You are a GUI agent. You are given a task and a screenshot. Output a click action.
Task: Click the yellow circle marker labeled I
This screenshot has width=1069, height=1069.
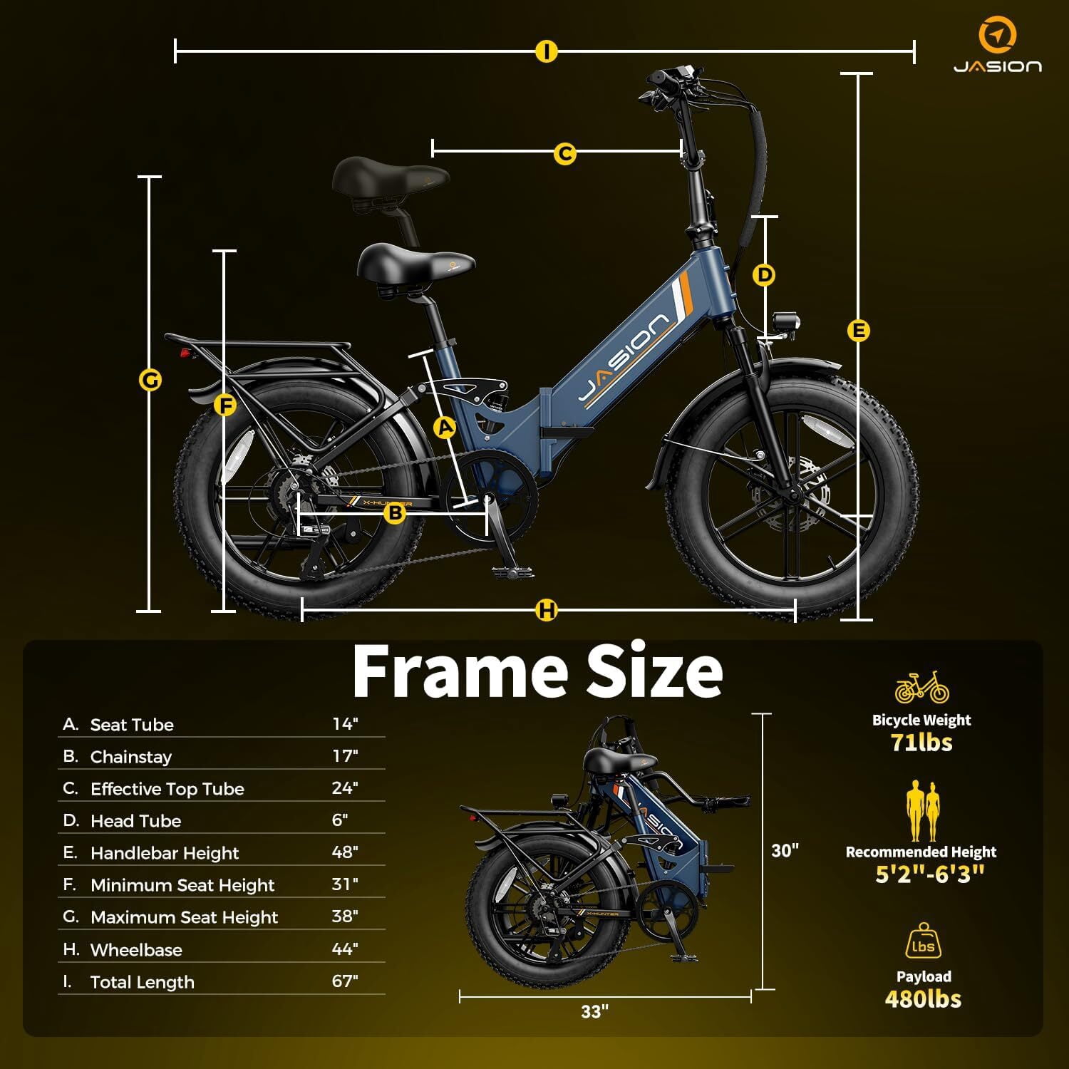[547, 51]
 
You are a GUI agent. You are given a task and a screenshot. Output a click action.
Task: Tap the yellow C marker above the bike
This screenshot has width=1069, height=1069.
[564, 153]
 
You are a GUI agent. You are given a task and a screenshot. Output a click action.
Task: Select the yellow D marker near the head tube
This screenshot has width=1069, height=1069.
[764, 275]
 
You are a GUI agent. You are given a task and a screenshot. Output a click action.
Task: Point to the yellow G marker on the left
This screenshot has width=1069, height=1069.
[150, 381]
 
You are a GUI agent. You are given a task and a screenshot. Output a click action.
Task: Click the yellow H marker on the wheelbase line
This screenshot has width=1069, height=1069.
[547, 611]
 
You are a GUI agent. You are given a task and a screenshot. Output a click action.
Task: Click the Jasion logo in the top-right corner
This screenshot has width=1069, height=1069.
[998, 47]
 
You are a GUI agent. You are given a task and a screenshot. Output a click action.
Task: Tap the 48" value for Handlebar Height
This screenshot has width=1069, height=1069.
[345, 852]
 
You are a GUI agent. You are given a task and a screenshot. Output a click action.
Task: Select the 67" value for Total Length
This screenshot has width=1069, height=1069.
[345, 981]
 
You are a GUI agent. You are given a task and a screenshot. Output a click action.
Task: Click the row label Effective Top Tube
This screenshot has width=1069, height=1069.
[167, 789]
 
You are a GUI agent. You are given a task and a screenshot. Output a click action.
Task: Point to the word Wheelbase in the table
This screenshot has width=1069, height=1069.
[136, 950]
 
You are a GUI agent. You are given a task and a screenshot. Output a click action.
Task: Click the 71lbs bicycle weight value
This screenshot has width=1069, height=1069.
[921, 743]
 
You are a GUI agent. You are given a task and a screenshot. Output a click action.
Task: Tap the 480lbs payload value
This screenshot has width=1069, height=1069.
[923, 999]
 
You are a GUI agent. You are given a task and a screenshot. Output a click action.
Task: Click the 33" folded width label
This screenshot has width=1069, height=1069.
[595, 1011]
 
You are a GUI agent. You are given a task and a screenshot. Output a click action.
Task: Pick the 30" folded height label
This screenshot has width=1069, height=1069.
[785, 850]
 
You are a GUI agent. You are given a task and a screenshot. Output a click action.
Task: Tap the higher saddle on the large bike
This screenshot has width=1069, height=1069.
[391, 179]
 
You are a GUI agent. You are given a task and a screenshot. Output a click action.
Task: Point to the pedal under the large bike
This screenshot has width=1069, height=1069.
[511, 571]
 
